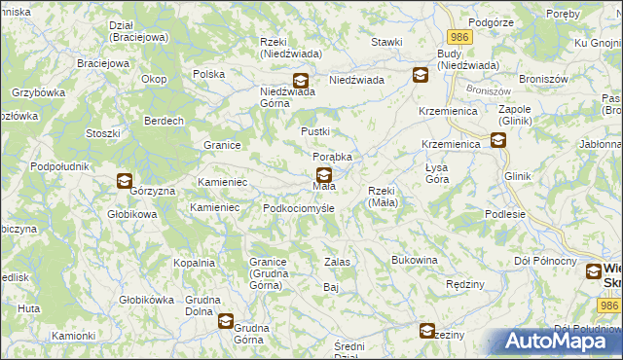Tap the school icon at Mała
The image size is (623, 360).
coord(323,175)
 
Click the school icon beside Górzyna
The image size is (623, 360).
coord(125,180)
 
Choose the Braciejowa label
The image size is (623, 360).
coord(103,63)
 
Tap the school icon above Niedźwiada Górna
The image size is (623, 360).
coord(300,81)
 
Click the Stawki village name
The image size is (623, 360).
coord(386,43)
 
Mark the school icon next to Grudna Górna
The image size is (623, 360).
coord(226,321)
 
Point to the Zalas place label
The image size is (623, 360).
coord(337,262)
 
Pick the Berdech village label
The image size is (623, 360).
coord(164,121)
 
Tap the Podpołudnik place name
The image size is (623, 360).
coord(60,166)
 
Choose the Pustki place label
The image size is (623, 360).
coord(315,131)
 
